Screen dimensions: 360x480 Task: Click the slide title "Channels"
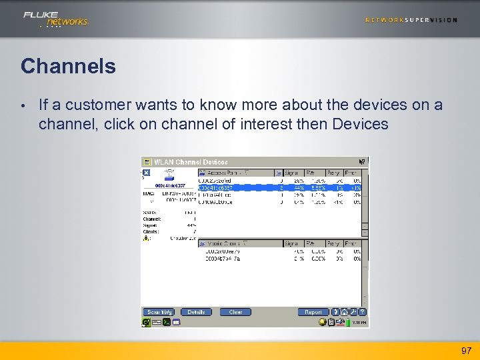coord(68,67)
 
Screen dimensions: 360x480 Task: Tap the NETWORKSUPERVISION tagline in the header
coord(411,20)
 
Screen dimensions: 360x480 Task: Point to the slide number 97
coord(466,351)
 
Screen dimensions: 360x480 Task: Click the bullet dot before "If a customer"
coord(23,105)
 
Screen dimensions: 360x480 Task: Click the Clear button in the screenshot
coord(235,312)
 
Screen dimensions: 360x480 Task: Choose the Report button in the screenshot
coord(313,312)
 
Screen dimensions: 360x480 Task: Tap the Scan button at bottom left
coord(159,312)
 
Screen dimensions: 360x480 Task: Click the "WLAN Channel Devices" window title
coord(191,162)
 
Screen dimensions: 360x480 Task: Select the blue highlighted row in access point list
coord(280,187)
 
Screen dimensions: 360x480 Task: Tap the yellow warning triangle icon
coord(146,237)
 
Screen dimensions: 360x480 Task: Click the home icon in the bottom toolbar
coord(345,312)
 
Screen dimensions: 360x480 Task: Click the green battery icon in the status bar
coord(347,322)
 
